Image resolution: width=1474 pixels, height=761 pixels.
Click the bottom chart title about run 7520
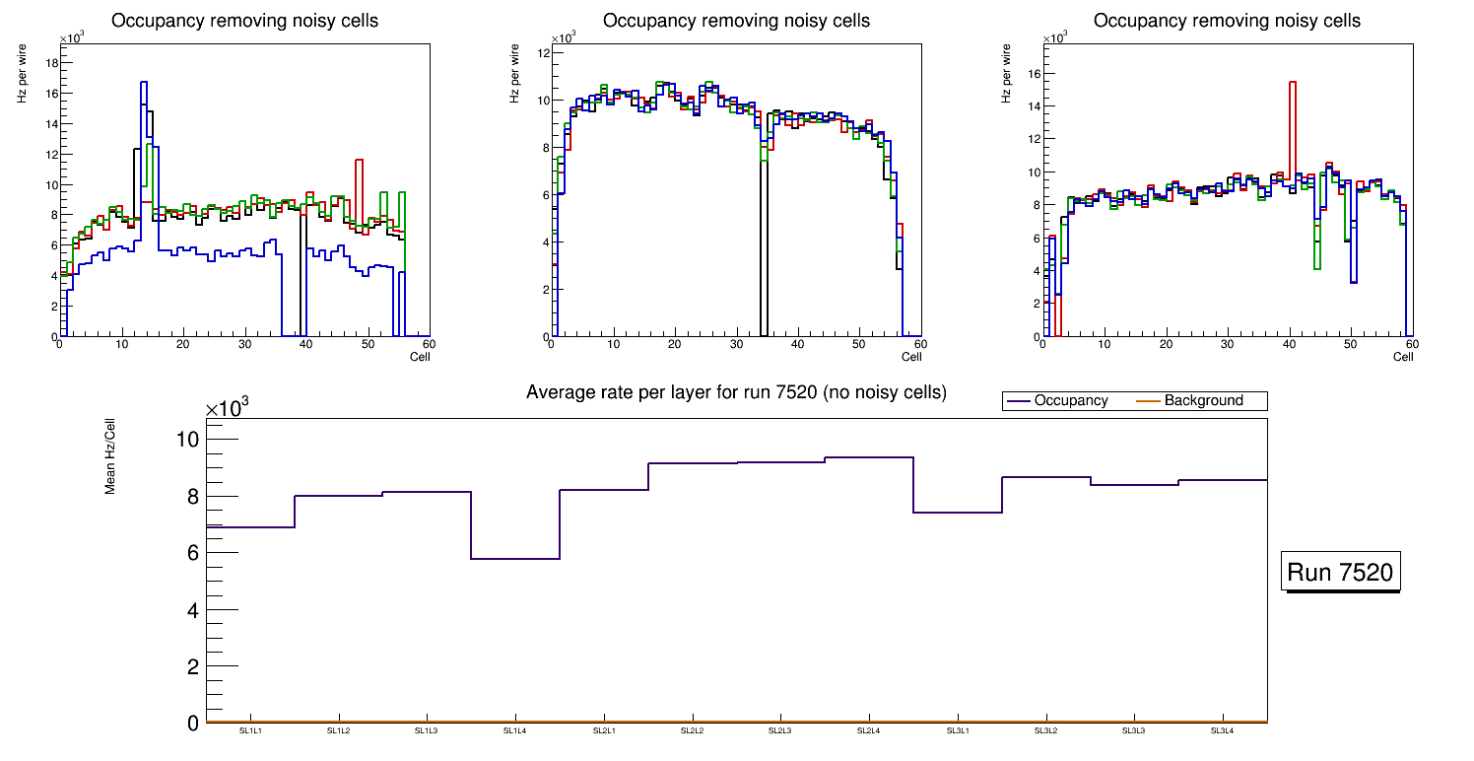tap(736, 392)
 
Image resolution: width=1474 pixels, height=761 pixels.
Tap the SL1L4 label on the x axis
tap(514, 731)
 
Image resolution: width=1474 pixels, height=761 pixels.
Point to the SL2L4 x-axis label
tap(868, 731)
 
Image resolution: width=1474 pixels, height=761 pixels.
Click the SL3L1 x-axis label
tap(957, 731)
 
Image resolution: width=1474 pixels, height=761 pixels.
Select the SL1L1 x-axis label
tap(250, 731)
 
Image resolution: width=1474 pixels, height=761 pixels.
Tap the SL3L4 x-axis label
tap(1222, 731)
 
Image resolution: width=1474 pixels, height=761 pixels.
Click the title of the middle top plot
tap(736, 21)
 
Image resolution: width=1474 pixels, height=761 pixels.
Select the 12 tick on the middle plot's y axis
tap(542, 53)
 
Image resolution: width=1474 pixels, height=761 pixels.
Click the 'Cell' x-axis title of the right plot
tap(1403, 357)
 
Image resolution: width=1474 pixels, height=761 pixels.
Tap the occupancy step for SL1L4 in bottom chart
tap(514, 559)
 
